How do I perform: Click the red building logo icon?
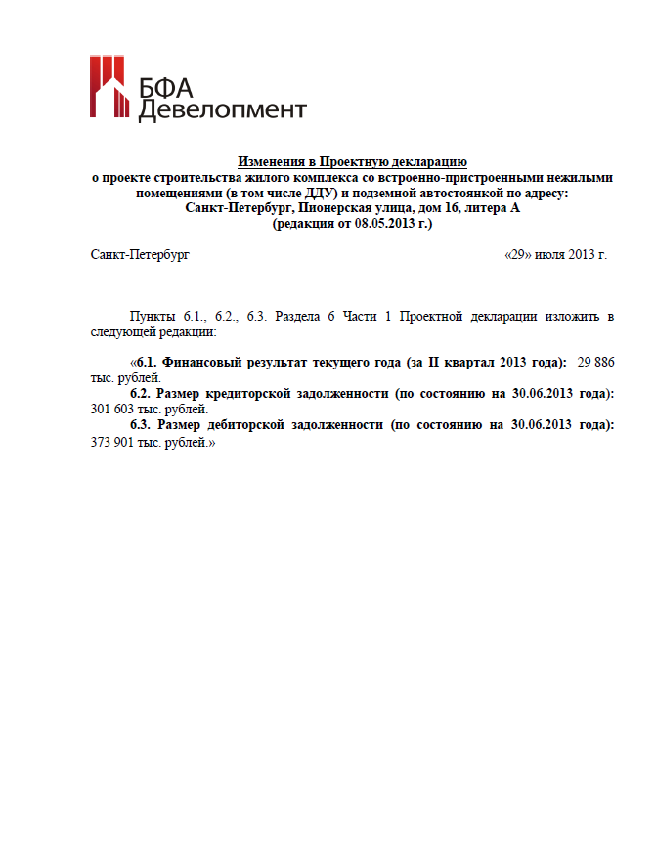(x=109, y=86)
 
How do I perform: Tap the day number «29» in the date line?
(x=518, y=255)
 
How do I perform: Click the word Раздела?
(x=300, y=317)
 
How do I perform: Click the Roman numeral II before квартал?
(x=432, y=363)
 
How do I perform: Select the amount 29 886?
(x=595, y=363)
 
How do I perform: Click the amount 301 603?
(x=112, y=410)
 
